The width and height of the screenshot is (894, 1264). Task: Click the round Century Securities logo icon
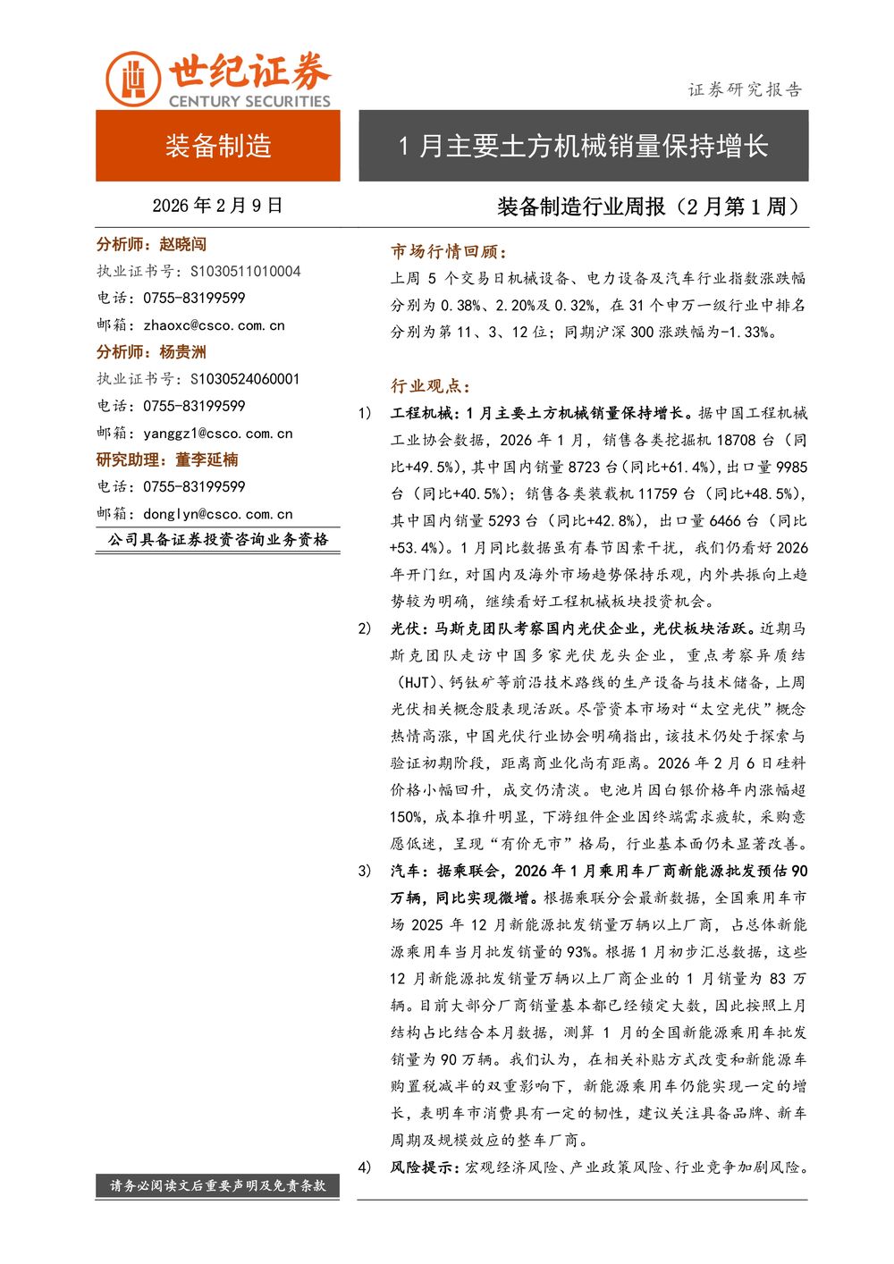coord(133,80)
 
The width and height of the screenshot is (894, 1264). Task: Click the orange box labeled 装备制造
coord(218,146)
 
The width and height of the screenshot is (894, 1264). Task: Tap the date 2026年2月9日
coord(217,206)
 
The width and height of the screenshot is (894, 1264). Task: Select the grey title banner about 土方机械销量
coord(583,146)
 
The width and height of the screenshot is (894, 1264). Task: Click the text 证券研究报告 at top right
coord(745,89)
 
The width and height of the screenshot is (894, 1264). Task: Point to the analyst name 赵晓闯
coord(182,244)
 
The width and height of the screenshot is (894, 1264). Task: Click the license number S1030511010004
coord(246,271)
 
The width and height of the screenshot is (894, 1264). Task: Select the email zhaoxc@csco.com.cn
coord(214,325)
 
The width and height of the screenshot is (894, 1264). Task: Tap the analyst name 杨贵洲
coord(182,352)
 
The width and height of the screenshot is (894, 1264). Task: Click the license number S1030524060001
coord(245,379)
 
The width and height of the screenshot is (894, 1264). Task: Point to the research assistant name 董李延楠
coord(207,459)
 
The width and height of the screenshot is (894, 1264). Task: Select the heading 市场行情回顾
coord(448,252)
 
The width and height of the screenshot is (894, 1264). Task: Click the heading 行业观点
coord(430,386)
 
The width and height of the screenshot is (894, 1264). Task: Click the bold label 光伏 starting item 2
coord(406,628)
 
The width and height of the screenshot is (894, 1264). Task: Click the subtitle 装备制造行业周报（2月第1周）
coord(649,206)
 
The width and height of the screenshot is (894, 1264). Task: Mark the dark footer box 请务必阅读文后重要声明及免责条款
coord(218,1185)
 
